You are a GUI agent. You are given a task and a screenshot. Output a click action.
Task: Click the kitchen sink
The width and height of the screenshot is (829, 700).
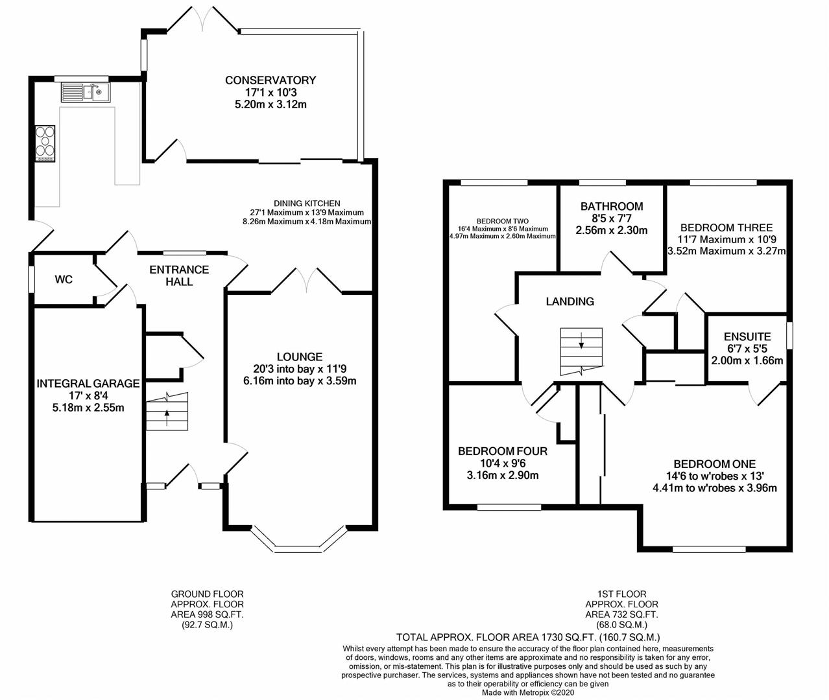(86, 93)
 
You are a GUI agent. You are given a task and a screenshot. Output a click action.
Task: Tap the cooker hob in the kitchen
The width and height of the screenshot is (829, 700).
(45, 143)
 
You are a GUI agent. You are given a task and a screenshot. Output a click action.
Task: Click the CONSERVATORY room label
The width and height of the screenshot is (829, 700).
(270, 80)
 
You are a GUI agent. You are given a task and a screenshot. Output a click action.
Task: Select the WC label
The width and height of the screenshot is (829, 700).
(64, 280)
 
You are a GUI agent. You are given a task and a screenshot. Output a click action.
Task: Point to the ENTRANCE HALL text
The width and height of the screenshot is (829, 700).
(179, 276)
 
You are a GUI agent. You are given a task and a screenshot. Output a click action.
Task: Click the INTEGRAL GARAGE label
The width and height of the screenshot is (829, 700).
(88, 383)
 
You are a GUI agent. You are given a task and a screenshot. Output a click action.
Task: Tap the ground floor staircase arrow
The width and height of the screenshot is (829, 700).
(167, 417)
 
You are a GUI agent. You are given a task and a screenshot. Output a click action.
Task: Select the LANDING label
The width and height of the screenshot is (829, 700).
(570, 301)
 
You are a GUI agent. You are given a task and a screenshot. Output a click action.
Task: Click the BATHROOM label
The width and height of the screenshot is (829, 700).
(612, 206)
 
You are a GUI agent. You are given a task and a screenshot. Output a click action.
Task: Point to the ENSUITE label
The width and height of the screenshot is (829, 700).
(747, 337)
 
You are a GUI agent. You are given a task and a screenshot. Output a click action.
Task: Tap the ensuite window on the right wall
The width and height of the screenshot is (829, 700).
(789, 336)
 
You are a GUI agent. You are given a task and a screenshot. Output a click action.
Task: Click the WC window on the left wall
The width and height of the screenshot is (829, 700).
(31, 280)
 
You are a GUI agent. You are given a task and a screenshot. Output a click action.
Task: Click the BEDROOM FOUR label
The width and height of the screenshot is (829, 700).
(503, 451)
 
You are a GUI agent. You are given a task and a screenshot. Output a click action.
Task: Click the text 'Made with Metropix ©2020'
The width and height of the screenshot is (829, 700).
(528, 692)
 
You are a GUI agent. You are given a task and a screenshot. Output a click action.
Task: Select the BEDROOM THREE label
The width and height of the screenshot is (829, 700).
(727, 227)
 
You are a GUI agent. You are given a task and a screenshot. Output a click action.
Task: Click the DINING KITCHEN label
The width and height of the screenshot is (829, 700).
(307, 204)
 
